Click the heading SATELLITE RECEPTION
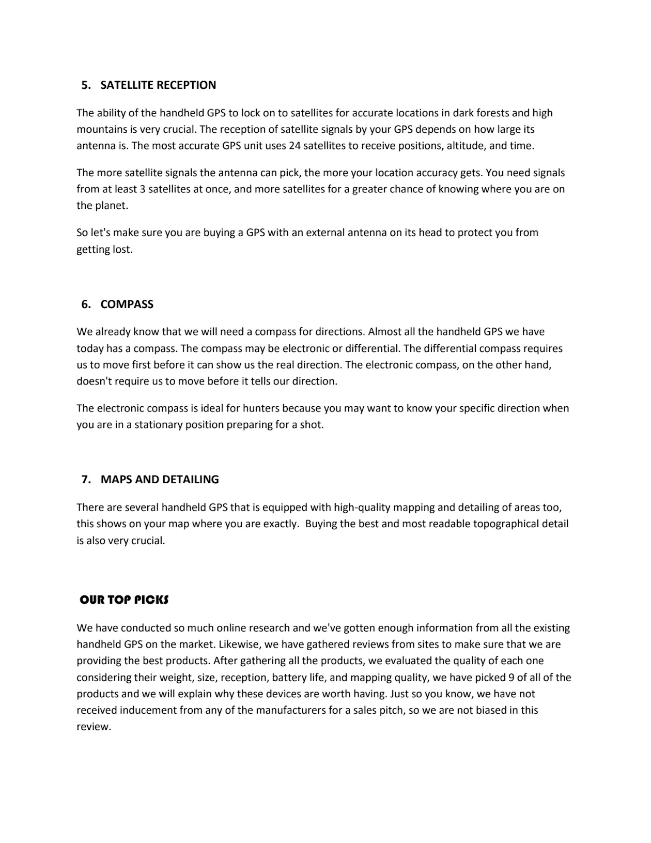[158, 85]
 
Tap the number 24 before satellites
[295, 146]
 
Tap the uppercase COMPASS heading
[127, 304]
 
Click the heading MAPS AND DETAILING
[160, 480]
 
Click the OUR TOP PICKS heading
[124, 600]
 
